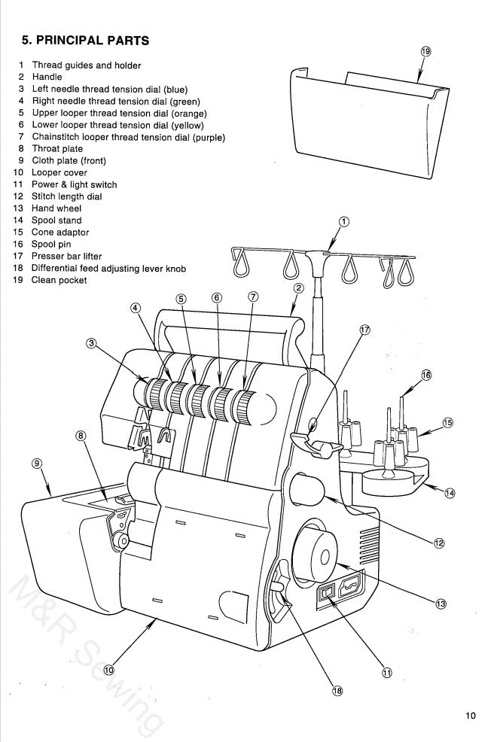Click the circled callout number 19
[x=425, y=51]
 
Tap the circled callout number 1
[x=344, y=221]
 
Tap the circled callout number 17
[x=365, y=330]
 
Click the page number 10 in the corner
[x=471, y=716]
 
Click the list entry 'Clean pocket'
[x=59, y=280]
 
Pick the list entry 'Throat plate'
[x=57, y=149]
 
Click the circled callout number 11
[x=386, y=673]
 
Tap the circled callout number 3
[x=91, y=343]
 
